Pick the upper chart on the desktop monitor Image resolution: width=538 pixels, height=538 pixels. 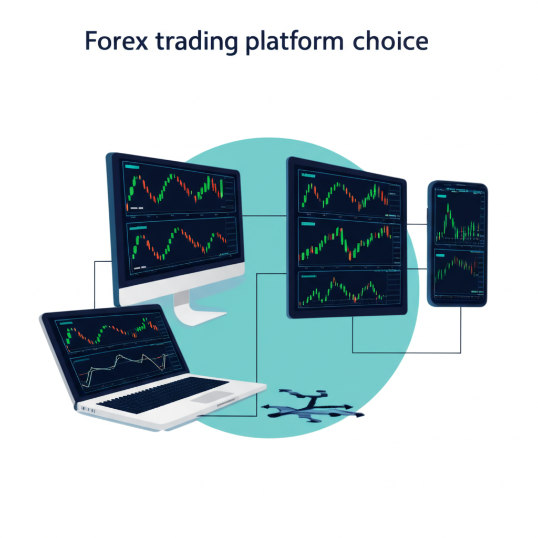pyautogui.click(x=176, y=191)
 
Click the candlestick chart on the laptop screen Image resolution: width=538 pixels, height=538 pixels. pyautogui.click(x=113, y=334)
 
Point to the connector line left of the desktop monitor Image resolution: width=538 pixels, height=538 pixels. pyautogui.click(x=95, y=284)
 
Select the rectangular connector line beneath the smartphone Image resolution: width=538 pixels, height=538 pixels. pyautogui.click(x=407, y=352)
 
